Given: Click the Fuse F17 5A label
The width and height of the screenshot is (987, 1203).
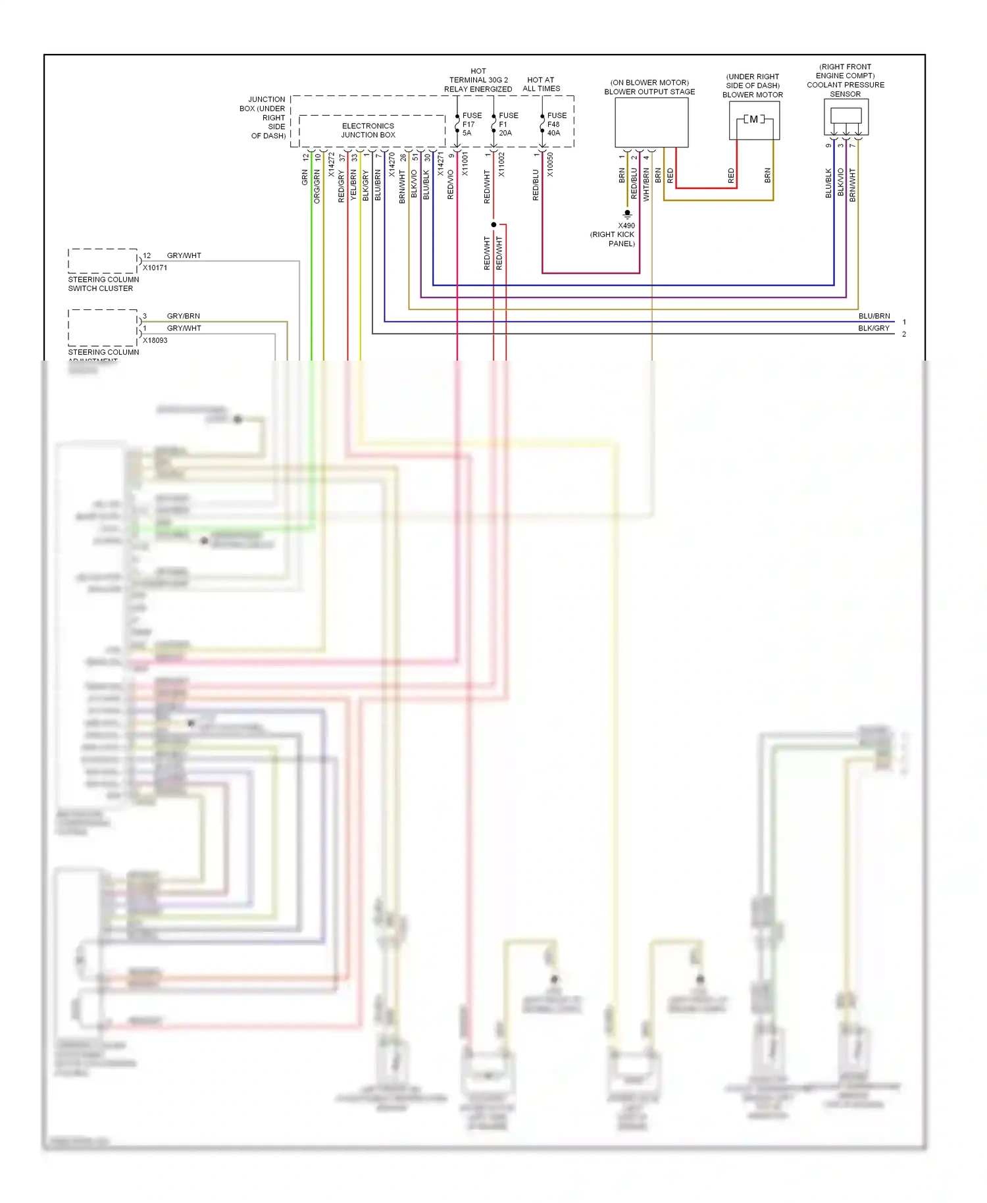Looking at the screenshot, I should click(471, 124).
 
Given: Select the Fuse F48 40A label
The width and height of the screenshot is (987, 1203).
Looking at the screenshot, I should click(556, 124).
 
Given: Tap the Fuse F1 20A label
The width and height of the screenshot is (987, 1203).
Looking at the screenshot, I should click(508, 124).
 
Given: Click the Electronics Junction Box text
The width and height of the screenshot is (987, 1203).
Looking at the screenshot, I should click(368, 130).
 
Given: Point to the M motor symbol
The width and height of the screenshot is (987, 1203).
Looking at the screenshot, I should click(754, 119).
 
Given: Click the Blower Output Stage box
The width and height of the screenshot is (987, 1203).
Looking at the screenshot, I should click(651, 123).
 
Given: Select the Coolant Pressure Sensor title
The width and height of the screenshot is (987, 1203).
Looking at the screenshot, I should click(845, 80).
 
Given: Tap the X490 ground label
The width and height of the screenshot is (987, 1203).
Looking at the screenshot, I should click(626, 226).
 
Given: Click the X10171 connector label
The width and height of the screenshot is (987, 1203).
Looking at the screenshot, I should click(155, 268).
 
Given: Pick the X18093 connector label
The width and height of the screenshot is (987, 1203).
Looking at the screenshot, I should click(155, 340).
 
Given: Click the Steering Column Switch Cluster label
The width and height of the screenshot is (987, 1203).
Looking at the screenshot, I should click(103, 284).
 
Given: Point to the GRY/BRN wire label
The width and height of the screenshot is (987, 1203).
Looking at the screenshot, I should click(183, 316).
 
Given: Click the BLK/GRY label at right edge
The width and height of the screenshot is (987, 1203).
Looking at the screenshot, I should click(873, 328).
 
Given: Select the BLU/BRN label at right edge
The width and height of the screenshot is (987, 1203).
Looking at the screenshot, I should click(873, 316).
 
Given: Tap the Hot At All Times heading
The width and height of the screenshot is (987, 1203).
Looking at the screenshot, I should click(541, 84).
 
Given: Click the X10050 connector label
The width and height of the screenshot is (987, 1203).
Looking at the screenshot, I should click(550, 165).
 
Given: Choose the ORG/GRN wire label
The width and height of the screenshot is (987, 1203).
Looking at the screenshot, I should click(316, 186).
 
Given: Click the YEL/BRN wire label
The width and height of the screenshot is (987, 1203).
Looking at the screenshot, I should click(353, 185).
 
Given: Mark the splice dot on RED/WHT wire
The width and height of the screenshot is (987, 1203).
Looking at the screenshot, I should click(493, 224).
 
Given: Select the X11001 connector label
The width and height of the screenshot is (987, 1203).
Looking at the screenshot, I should click(465, 164).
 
